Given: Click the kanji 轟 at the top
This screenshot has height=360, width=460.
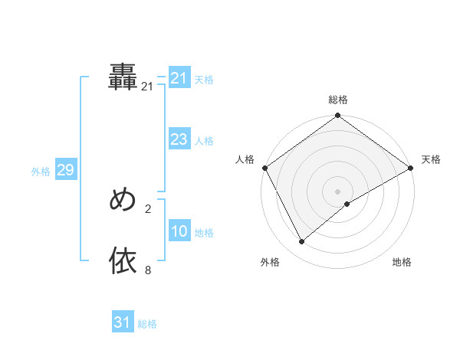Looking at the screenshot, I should (123, 76).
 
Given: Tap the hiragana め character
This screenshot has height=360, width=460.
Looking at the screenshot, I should (123, 200).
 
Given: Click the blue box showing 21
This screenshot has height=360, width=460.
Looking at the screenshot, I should (179, 78).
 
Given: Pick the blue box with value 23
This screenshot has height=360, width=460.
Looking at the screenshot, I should (179, 140).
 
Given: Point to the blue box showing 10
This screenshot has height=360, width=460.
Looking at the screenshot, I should (179, 232).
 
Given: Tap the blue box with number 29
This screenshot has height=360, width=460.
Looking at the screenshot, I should (65, 170).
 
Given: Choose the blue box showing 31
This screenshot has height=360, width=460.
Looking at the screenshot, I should (123, 322).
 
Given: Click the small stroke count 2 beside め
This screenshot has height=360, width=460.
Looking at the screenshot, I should (148, 208).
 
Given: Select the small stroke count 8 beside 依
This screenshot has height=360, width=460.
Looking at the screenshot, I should (148, 270).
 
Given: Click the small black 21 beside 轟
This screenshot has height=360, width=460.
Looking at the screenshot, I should (147, 87).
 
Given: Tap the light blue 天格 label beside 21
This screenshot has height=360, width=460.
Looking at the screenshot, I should (204, 79).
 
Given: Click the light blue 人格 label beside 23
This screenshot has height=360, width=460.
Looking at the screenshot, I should (204, 141).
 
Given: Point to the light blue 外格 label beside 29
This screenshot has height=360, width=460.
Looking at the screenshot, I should (41, 172).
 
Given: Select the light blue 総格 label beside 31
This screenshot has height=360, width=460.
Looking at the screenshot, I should (147, 324).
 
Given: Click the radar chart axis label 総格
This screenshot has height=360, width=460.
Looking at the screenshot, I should (338, 100).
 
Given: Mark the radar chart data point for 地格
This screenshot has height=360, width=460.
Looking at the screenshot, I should (347, 204).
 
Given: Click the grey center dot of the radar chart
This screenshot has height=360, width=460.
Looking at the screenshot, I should (338, 191).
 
